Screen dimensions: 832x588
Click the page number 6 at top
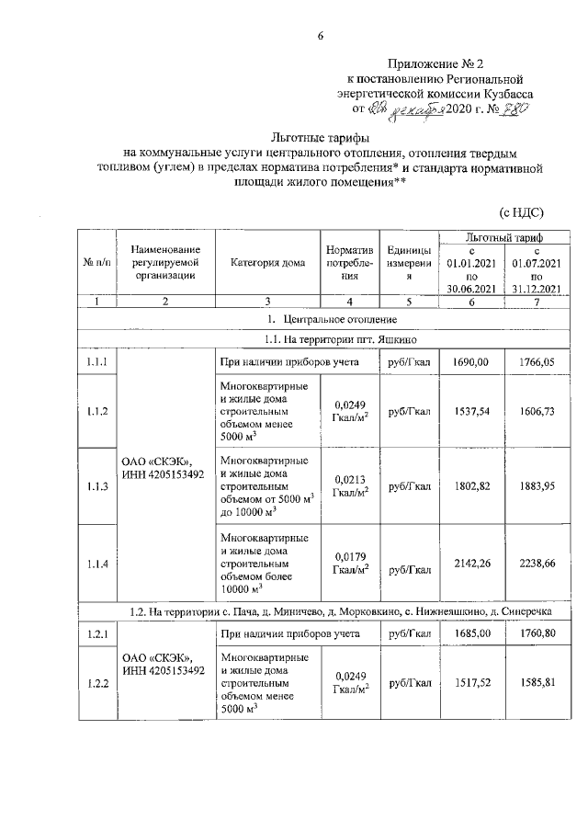point(321,36)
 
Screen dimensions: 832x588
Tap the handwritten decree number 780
point(514,109)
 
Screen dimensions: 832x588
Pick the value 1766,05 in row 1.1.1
point(538,363)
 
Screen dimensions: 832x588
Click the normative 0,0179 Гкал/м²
point(351,562)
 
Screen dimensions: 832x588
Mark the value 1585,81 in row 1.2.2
point(538,683)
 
